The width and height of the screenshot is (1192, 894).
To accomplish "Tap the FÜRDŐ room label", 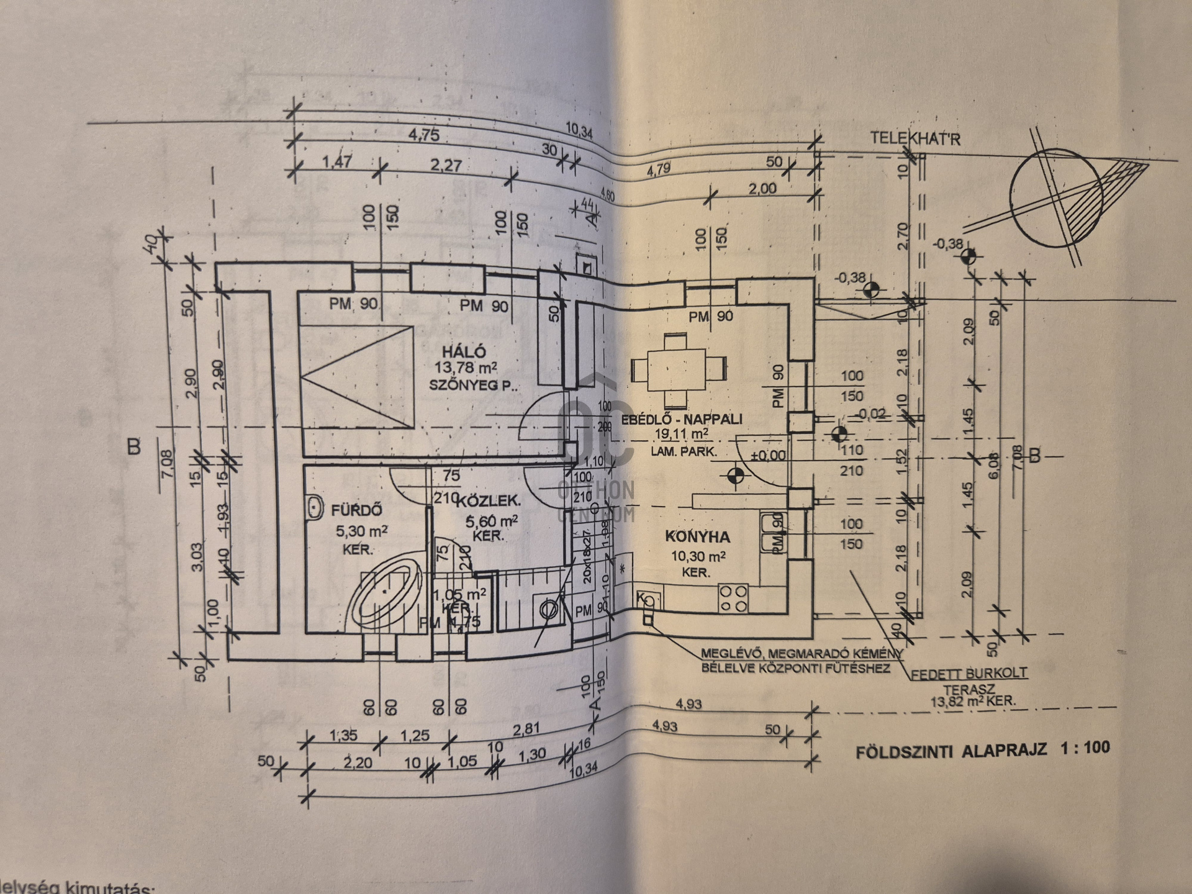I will (356, 510).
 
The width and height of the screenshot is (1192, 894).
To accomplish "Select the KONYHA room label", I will (697, 536).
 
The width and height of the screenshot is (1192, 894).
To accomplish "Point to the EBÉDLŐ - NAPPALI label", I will (677, 419).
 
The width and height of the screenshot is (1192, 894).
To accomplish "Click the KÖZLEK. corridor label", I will (488, 502).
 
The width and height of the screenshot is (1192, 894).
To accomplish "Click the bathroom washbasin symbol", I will (315, 507).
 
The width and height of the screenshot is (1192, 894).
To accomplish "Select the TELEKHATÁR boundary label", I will (914, 138).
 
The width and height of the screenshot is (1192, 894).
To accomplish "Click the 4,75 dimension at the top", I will (424, 135).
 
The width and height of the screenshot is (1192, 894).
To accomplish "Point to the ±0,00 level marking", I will (768, 455).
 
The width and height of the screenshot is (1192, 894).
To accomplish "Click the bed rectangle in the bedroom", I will (357, 376).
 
